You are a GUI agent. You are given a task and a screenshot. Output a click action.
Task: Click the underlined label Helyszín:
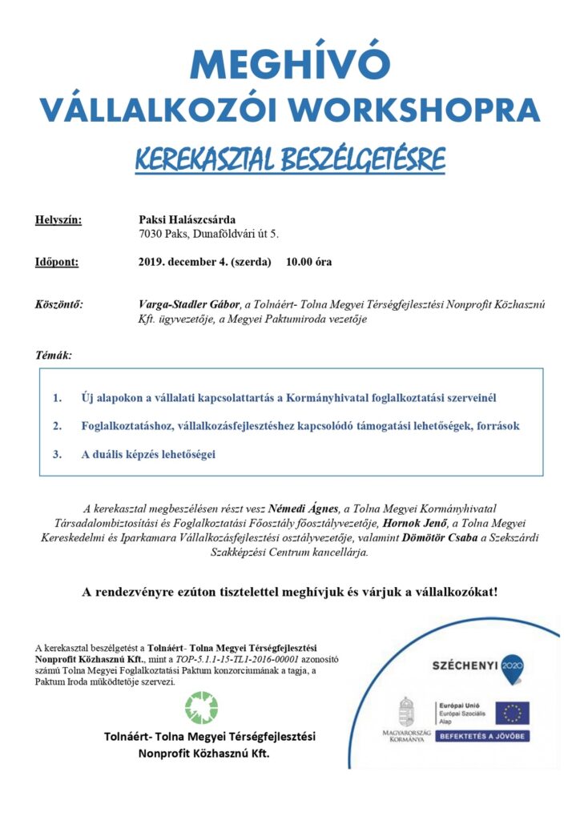(58, 219)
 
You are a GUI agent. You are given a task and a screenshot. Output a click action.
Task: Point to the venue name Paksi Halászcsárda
(187, 219)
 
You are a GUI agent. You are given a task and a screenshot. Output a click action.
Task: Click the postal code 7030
(151, 234)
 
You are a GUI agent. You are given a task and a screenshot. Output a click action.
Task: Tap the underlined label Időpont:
(56, 262)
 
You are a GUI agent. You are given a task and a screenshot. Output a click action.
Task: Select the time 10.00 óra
(309, 262)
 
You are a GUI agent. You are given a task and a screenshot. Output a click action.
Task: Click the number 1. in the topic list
(57, 398)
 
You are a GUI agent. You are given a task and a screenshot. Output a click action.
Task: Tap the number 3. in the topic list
(57, 454)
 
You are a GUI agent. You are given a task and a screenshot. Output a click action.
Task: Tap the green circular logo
(201, 708)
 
